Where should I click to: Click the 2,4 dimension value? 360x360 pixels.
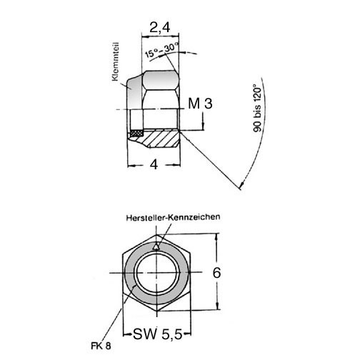click(x=160, y=27)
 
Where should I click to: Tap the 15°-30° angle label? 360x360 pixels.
click(x=162, y=50)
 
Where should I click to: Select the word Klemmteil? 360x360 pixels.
click(x=115, y=61)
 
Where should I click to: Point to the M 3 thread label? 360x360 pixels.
click(x=200, y=104)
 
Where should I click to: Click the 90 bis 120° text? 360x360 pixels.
click(x=257, y=108)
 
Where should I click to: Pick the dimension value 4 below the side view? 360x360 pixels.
click(x=154, y=164)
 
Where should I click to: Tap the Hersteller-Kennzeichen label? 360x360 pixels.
click(x=173, y=217)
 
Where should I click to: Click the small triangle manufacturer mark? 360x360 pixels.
click(x=156, y=247)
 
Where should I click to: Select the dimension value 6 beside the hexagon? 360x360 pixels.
click(x=216, y=273)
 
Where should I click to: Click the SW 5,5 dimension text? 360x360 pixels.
click(x=158, y=334)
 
